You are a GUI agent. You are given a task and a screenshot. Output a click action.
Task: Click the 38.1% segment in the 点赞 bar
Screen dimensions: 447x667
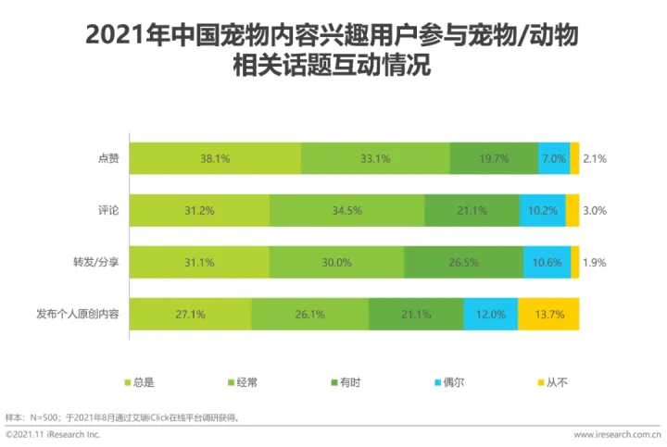point(215,158)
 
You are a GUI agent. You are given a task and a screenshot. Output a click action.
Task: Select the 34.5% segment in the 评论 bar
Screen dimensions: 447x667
point(346,210)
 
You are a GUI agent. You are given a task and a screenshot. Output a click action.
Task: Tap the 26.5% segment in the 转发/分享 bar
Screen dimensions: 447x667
point(463,262)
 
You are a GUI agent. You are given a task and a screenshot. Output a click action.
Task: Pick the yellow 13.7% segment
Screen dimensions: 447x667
point(548,314)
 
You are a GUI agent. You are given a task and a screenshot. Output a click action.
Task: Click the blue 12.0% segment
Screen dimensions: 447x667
point(490,314)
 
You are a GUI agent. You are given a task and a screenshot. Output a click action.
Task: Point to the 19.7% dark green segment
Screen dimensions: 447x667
point(494,158)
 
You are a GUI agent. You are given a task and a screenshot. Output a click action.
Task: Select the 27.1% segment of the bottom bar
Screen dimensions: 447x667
point(189,314)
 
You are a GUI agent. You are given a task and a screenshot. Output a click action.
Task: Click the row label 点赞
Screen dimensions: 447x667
point(107,158)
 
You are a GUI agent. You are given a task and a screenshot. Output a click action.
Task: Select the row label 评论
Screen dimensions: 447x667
point(107,210)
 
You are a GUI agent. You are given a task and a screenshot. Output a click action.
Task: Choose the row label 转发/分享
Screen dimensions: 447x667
point(95,262)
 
